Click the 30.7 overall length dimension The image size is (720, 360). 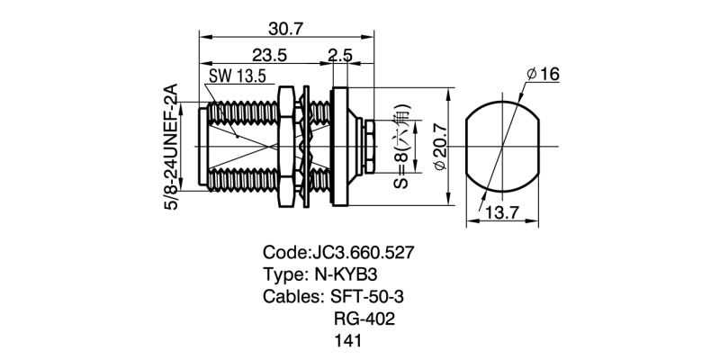pos(287,28)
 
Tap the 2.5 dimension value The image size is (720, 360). pos(339,55)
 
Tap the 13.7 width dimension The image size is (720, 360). pos(503,212)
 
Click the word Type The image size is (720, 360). pos(283,274)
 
